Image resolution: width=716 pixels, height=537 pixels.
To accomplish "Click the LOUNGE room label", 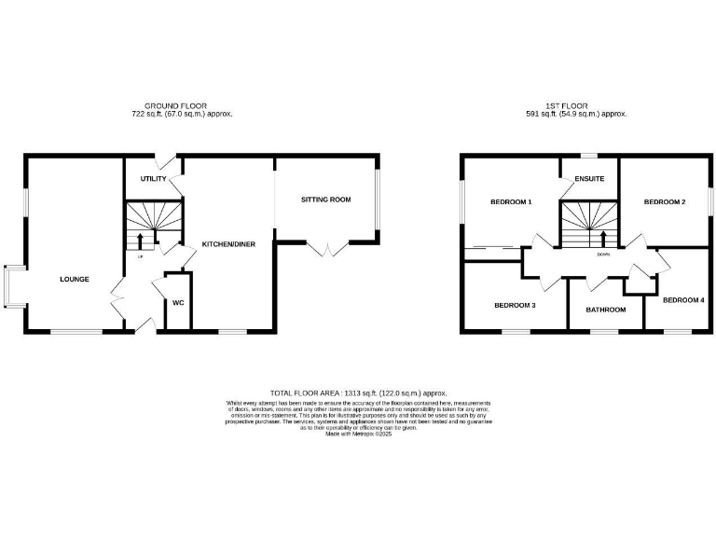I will tap(74, 279).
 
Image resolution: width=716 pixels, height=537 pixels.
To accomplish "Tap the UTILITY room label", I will tap(154, 178).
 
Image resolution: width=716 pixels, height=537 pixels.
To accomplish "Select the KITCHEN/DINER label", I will tap(228, 244).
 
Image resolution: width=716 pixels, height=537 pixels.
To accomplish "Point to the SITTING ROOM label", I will tap(325, 200).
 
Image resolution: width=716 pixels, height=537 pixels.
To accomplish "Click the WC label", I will tap(178, 303).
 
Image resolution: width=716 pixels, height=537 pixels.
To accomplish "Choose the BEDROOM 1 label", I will tap(510, 202).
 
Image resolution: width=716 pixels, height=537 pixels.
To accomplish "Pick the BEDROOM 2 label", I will tap(665, 202).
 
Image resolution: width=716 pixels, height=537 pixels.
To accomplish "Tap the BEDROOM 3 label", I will tap(515, 305).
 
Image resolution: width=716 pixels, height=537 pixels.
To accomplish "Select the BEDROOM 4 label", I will tap(683, 300).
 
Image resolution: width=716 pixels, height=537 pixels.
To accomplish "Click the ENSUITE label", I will tap(589, 178).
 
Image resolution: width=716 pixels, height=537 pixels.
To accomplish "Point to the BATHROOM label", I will tap(606, 309).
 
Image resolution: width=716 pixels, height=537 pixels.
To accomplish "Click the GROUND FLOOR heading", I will tap(175, 106).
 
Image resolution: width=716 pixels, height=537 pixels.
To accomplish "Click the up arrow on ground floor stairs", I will tap(141, 241).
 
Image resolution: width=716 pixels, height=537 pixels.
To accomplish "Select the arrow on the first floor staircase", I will tap(603, 238).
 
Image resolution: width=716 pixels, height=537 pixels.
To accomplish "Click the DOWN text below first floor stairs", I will tap(603, 254).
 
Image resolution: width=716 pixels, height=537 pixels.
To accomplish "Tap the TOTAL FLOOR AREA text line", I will tap(359, 393).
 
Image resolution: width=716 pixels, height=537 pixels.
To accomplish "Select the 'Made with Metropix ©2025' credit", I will tap(359, 434).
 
